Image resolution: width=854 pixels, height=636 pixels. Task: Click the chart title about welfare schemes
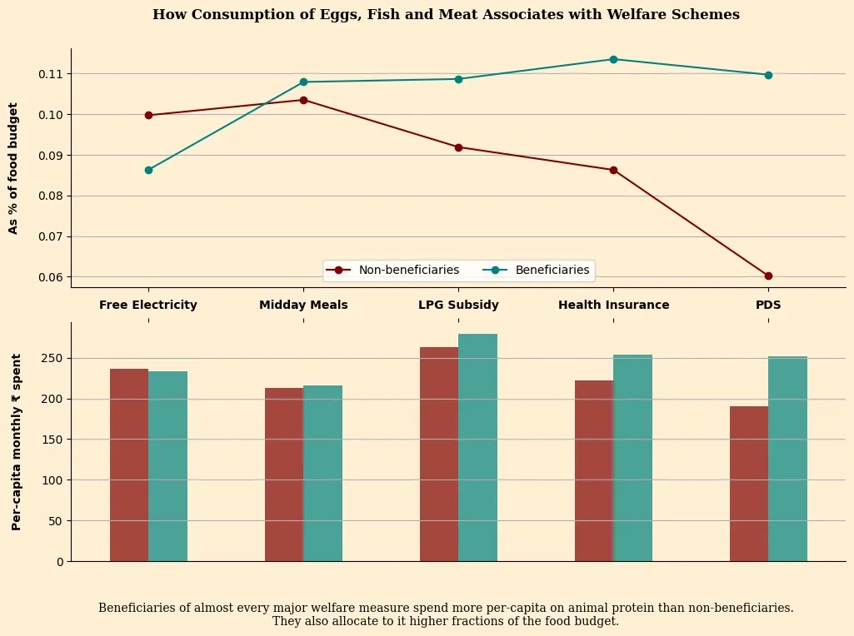tap(446, 15)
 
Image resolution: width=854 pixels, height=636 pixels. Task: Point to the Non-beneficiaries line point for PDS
tap(768, 276)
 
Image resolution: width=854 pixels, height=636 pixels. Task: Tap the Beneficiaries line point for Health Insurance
tap(613, 59)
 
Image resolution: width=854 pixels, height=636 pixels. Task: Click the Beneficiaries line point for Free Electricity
tap(148, 170)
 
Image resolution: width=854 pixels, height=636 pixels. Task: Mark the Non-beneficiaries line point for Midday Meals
tap(303, 100)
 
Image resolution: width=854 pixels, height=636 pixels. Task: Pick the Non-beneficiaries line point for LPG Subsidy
tap(458, 147)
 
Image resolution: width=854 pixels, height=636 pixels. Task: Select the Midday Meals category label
tap(303, 305)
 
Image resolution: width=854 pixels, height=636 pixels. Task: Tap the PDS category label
tap(768, 305)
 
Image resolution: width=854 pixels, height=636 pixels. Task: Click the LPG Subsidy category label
tap(458, 305)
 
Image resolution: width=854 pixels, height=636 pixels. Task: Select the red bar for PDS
tap(749, 484)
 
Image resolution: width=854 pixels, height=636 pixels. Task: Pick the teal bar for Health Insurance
tap(632, 458)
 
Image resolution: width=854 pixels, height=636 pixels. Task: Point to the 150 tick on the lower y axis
tap(52, 440)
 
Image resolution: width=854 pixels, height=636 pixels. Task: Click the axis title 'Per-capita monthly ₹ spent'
tap(16, 441)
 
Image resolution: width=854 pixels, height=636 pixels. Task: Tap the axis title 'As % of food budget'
tap(13, 168)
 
